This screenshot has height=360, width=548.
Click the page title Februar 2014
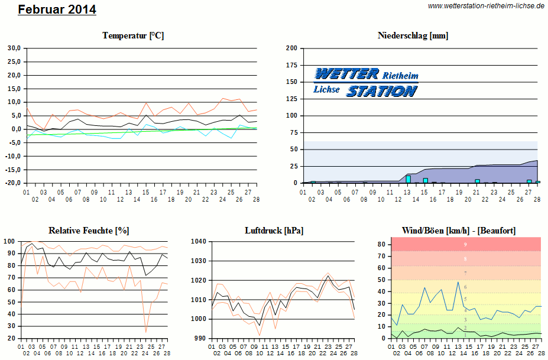point(57,10)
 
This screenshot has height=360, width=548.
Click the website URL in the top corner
point(485,6)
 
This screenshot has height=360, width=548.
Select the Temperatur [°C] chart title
point(133,35)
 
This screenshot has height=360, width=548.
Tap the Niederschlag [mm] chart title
point(413,35)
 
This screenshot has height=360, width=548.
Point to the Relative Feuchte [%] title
point(89,230)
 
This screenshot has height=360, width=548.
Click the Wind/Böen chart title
point(458,230)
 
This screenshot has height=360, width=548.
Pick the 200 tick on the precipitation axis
point(291,48)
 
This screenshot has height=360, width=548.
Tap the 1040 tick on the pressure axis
point(199,241)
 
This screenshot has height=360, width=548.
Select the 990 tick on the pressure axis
point(200,338)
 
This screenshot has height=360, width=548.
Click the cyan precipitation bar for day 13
point(408,179)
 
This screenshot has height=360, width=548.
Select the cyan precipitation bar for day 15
point(425,180)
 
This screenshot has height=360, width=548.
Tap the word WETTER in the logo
point(346,74)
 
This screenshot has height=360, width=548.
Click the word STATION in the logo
point(381,91)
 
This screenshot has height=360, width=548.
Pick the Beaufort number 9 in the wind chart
point(465,244)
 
